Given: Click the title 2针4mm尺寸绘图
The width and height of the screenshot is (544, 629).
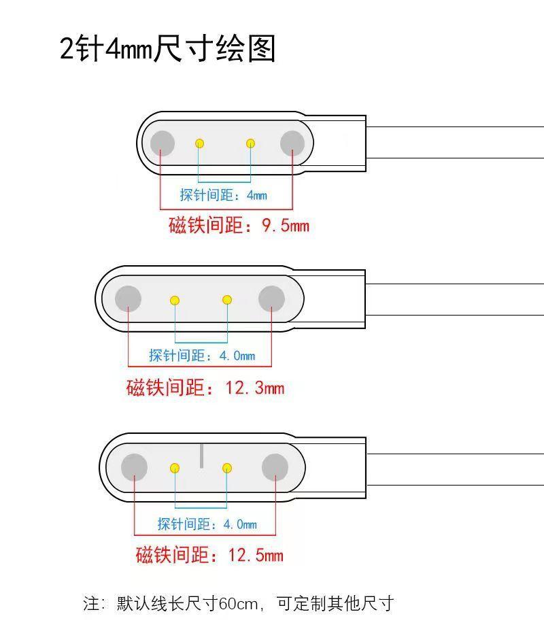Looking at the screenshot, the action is (x=168, y=50).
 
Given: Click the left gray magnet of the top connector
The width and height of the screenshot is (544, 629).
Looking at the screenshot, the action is (x=163, y=143).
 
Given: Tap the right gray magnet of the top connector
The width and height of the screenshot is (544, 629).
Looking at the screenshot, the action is (x=292, y=143).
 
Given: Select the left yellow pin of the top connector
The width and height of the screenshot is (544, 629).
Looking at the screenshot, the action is (x=200, y=143).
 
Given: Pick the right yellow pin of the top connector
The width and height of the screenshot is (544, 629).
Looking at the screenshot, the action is (x=251, y=143).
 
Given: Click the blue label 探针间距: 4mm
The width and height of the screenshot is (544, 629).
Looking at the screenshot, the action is (x=223, y=195).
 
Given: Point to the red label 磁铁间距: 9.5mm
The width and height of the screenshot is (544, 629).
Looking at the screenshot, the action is (x=239, y=225).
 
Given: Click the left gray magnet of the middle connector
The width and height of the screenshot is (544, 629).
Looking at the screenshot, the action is (x=128, y=299).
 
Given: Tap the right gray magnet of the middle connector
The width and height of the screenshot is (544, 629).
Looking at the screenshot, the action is (x=271, y=299).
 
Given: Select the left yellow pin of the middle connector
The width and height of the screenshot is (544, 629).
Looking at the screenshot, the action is (x=175, y=300).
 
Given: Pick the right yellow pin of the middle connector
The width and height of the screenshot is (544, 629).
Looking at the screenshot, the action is (x=227, y=300).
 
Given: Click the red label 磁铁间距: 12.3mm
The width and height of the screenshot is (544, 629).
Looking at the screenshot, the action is (x=205, y=388).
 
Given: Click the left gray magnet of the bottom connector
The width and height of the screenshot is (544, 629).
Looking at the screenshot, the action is (x=134, y=467).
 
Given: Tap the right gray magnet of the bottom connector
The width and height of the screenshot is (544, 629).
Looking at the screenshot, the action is (x=275, y=467).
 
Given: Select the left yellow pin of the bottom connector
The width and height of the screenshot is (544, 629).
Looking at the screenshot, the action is (x=175, y=468).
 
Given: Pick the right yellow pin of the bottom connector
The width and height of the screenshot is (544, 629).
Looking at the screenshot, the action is (x=227, y=468).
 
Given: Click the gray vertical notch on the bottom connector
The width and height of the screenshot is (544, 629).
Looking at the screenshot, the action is (x=201, y=456).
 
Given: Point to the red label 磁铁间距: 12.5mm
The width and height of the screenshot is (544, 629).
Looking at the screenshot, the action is (x=209, y=555).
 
